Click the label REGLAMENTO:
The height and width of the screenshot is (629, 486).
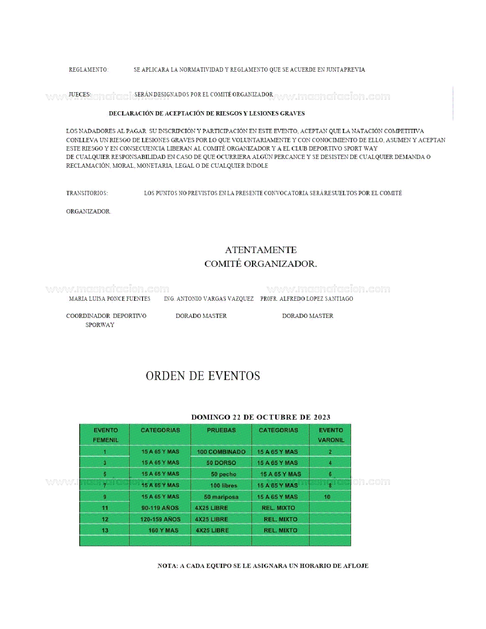pyautogui.click(x=88, y=70)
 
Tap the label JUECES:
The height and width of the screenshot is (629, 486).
pyautogui.click(x=80, y=95)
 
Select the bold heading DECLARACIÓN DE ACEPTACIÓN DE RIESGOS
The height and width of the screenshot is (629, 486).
pyautogui.click(x=207, y=114)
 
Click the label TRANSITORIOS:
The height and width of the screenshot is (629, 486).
pyautogui.click(x=87, y=193)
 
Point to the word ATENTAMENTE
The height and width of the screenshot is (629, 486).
pyautogui.click(x=261, y=250)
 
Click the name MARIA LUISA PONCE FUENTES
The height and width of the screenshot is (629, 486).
pyautogui.click(x=109, y=299)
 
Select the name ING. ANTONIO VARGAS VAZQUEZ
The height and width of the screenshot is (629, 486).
pyautogui.click(x=209, y=299)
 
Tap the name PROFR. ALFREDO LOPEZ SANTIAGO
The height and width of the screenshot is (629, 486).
pyautogui.click(x=306, y=299)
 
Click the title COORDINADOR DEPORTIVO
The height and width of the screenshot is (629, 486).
pyautogui.click(x=106, y=316)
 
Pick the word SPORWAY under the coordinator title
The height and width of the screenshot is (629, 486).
pyautogui.click(x=100, y=325)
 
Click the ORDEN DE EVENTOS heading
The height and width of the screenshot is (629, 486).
pyautogui.click(x=203, y=376)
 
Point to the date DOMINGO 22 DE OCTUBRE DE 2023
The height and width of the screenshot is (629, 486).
pyautogui.click(x=261, y=417)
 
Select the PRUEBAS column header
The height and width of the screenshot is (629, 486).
pyautogui.click(x=221, y=430)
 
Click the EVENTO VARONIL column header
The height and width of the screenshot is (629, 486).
pyautogui.click(x=331, y=435)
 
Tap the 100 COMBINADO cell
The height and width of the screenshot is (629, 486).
pyautogui.click(x=221, y=452)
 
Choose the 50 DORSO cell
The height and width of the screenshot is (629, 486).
pyautogui.click(x=221, y=463)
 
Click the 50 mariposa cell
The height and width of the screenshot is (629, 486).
pyautogui.click(x=221, y=497)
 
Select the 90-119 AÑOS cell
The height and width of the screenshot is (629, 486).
pyautogui.click(x=160, y=508)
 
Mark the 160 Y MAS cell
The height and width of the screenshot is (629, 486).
pyautogui.click(x=163, y=531)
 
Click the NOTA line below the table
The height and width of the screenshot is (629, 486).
pyautogui.click(x=263, y=566)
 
